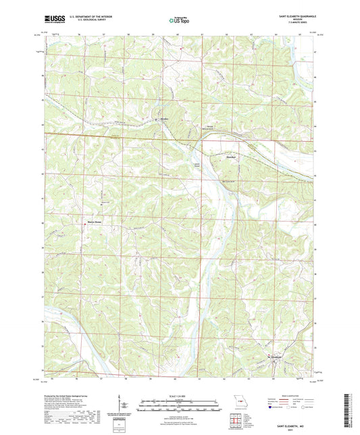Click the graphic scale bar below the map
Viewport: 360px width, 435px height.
coord(180,405)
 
